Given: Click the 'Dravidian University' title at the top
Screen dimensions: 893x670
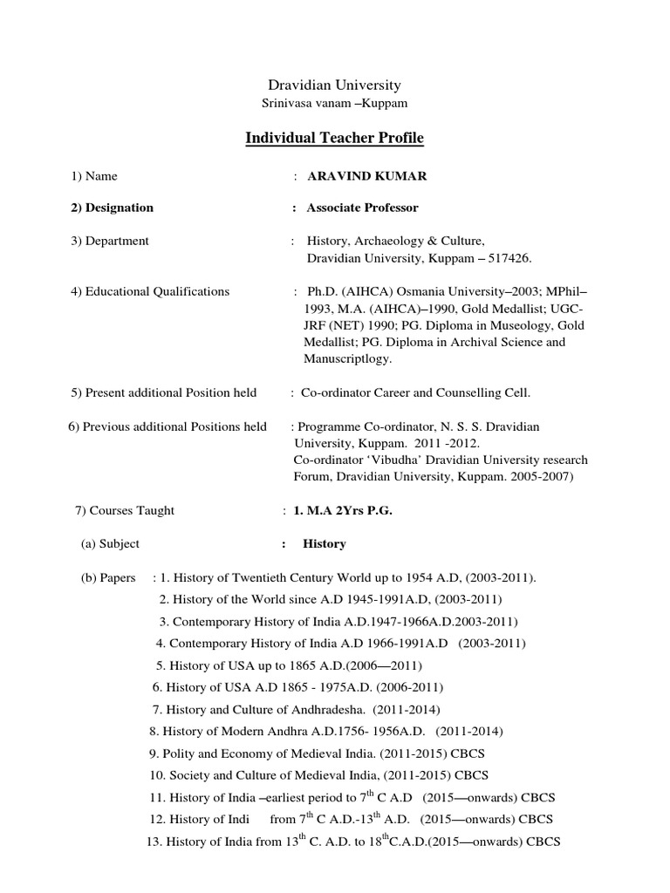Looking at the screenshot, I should pyautogui.click(x=334, y=85).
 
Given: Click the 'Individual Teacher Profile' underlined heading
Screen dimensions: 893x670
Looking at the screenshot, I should pyautogui.click(x=335, y=139).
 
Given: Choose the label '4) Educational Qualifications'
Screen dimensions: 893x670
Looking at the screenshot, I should pyautogui.click(x=150, y=291).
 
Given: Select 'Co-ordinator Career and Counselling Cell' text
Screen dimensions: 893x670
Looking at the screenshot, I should pyautogui.click(x=415, y=392).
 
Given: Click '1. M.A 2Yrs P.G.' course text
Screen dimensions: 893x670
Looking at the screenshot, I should pyautogui.click(x=343, y=510).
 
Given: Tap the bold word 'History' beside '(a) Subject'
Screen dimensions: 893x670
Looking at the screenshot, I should pyautogui.click(x=325, y=543).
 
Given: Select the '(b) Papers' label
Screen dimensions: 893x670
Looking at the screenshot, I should pyautogui.click(x=108, y=577).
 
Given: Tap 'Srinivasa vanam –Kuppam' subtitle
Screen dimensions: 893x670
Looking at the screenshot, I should pyautogui.click(x=335, y=103).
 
